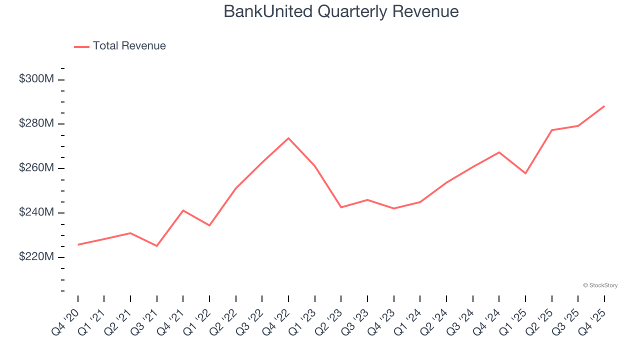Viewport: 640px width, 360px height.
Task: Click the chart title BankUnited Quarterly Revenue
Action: coord(341,11)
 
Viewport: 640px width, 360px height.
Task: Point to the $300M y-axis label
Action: coord(36,79)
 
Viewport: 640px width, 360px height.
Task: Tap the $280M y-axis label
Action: coord(36,123)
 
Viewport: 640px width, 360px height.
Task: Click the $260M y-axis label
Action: coord(36,168)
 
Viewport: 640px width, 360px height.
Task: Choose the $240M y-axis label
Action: coord(36,212)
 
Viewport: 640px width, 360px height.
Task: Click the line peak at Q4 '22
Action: coord(288,138)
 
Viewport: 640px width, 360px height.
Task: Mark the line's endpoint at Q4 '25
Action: coord(604,106)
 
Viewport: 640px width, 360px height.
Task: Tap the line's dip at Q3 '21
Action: coord(157,246)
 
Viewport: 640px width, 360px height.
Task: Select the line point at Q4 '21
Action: coord(183,210)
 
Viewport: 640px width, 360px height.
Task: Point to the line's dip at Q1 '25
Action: coord(525,173)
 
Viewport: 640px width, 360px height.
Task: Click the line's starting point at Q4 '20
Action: coord(78,244)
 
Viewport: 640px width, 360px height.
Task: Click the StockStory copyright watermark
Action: coord(600,285)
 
